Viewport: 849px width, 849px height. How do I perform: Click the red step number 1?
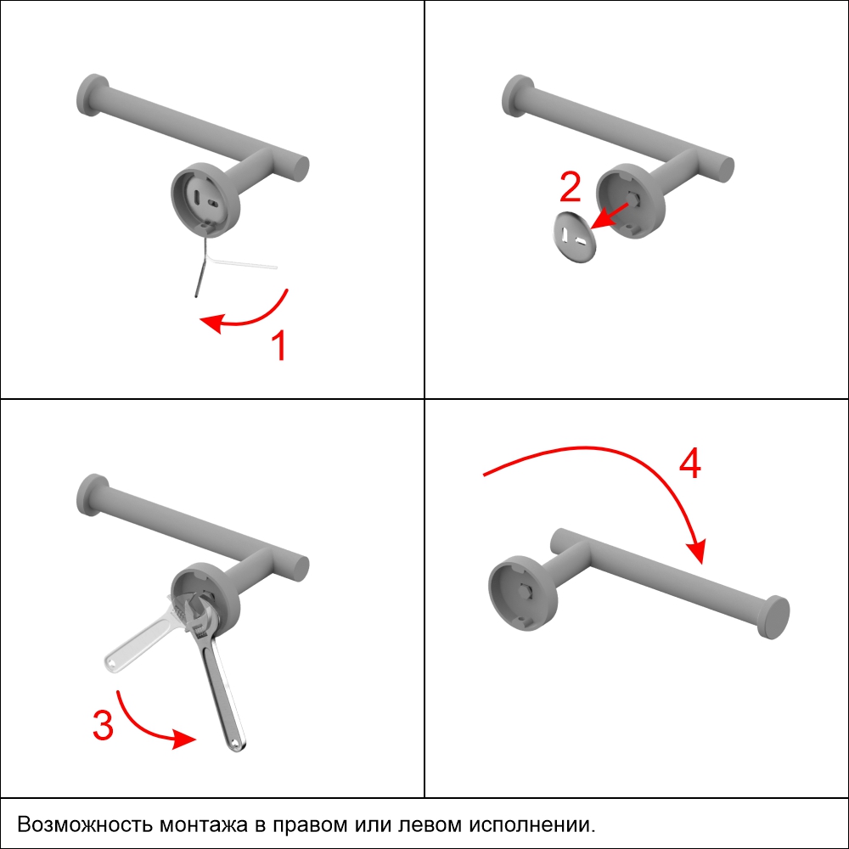tap(279, 345)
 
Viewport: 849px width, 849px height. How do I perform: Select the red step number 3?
tap(103, 724)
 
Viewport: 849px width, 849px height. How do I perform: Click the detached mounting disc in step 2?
tap(575, 237)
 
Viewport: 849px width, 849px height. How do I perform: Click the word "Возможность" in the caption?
tap(85, 824)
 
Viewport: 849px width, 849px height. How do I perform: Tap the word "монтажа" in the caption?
tap(204, 825)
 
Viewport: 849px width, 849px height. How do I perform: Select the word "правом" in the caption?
tap(309, 825)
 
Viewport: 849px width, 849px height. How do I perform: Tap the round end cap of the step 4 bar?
tap(776, 617)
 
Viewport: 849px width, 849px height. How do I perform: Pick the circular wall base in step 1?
tap(205, 200)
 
